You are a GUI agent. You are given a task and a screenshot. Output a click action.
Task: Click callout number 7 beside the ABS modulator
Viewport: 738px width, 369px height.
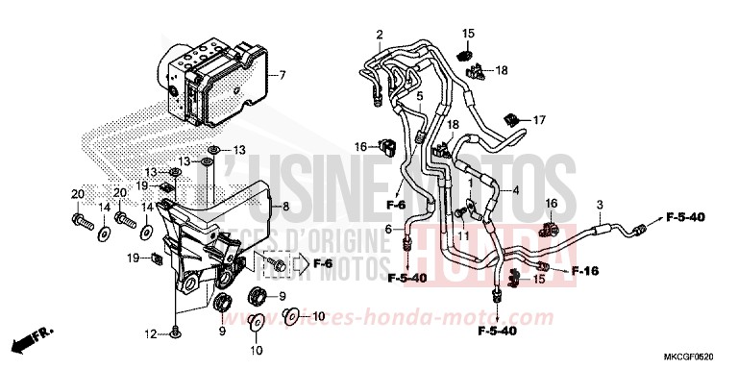tap(283, 75)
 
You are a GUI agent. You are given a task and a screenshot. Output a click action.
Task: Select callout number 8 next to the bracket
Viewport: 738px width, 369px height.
tap(284, 207)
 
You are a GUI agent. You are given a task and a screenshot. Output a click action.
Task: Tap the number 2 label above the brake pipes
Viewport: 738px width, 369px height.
tap(380, 36)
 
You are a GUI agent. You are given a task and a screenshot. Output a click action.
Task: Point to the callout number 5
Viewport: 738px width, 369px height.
tap(419, 97)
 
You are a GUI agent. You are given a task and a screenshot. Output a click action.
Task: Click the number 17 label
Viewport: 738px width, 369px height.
tap(538, 120)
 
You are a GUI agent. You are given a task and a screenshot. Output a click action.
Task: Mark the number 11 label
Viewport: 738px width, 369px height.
tap(462, 236)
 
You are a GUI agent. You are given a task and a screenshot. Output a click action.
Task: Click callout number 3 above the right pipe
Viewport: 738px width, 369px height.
tap(599, 206)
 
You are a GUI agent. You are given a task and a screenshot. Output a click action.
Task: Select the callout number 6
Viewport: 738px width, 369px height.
tap(388, 229)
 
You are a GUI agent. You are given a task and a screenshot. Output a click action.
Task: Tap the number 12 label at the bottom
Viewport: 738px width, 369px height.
tap(149, 334)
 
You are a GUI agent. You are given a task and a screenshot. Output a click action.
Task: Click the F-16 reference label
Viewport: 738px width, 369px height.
tap(586, 271)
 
